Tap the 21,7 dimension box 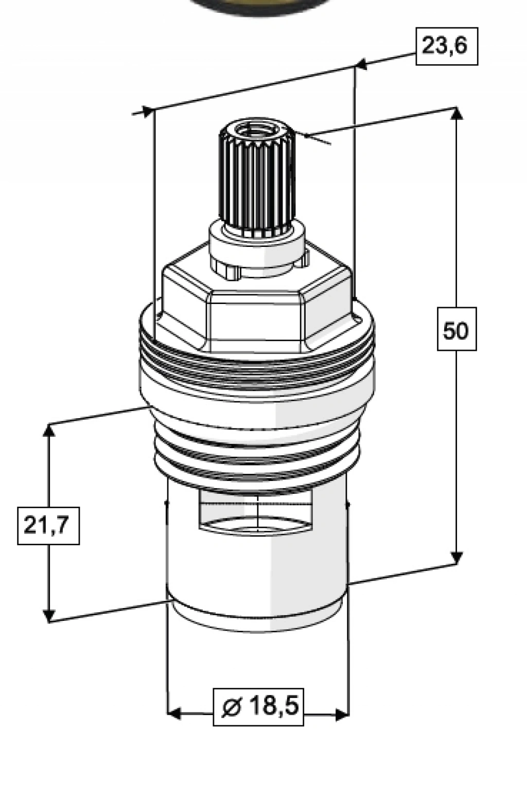(x=48, y=526)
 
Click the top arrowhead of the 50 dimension (x=456, y=114)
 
